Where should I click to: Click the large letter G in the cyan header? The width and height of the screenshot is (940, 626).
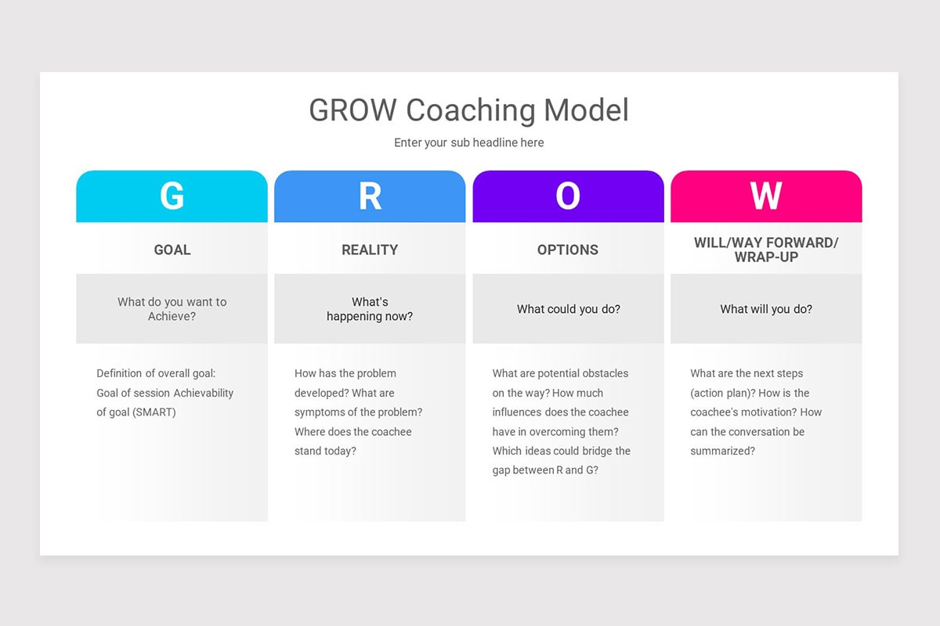click(172, 196)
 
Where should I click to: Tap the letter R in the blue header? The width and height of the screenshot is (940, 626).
click(370, 196)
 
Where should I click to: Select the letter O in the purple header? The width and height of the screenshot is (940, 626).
click(568, 196)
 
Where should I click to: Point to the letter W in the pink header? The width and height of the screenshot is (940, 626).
click(766, 196)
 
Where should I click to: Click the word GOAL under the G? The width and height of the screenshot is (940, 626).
click(172, 250)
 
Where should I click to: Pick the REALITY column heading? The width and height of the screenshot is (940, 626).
click(370, 250)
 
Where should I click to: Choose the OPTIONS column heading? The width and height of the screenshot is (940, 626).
click(568, 250)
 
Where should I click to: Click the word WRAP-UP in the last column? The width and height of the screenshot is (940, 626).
click(766, 257)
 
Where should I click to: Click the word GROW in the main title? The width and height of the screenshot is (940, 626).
click(352, 110)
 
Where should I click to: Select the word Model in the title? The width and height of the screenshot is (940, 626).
click(587, 110)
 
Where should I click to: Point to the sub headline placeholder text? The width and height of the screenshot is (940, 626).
click(468, 142)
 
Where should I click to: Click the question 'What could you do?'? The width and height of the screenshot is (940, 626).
click(568, 309)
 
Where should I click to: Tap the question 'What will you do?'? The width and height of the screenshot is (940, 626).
click(766, 309)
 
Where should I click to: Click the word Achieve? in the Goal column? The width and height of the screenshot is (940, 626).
click(172, 317)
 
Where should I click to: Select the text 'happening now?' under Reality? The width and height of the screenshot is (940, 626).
click(370, 317)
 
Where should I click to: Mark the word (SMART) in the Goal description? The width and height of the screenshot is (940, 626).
click(154, 412)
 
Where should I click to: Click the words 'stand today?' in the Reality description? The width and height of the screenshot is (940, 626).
click(325, 452)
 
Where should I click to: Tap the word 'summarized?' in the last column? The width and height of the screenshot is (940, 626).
click(722, 452)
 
